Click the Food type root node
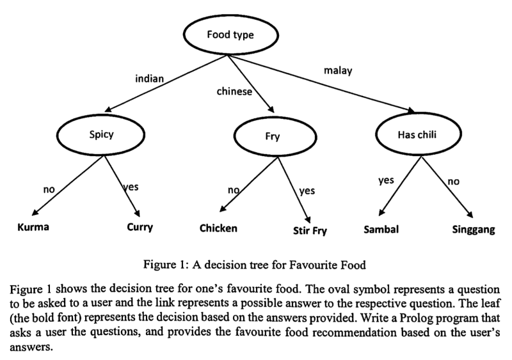(x=231, y=35)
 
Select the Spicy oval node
(x=101, y=135)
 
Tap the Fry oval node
(x=275, y=137)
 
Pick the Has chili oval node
(x=419, y=134)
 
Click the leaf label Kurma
(x=33, y=227)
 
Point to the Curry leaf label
(x=140, y=227)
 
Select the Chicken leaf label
(x=218, y=228)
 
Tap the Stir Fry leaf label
(x=310, y=231)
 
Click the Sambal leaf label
(x=381, y=229)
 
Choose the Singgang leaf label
(x=474, y=230)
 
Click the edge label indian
(x=150, y=79)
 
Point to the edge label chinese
(x=234, y=91)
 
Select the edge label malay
(x=338, y=70)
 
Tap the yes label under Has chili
(x=386, y=180)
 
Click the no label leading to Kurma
(x=49, y=190)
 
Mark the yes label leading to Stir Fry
(x=307, y=191)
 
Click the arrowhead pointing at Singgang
(x=470, y=215)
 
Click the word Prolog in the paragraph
(x=412, y=318)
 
